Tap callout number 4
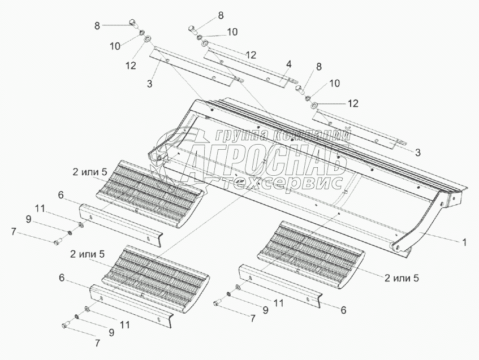point(288,64)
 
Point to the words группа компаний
point(283,136)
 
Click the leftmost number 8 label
point(97,25)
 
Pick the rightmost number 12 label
point(353,103)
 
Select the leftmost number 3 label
point(149,84)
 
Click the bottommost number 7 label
point(97,342)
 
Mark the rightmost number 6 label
point(343,310)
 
